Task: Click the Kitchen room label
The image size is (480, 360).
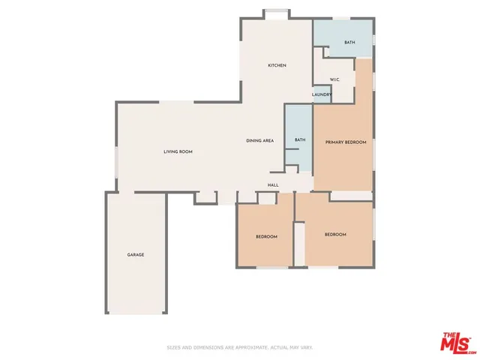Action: tap(277, 66)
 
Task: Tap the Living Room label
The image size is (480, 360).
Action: tap(178, 151)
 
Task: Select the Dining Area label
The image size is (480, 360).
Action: tap(259, 141)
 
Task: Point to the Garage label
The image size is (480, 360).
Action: tap(135, 255)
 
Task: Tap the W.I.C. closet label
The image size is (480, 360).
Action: tap(335, 79)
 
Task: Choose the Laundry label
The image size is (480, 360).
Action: tap(322, 94)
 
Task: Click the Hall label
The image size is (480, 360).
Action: tap(274, 184)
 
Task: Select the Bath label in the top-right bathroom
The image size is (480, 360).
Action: tap(349, 43)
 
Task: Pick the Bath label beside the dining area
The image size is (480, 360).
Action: tap(300, 139)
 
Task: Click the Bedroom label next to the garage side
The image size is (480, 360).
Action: tap(266, 237)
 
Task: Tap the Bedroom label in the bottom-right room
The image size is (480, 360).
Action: tap(335, 235)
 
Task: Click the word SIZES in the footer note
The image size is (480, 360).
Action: tap(173, 348)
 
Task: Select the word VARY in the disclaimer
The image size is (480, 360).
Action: tap(305, 348)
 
